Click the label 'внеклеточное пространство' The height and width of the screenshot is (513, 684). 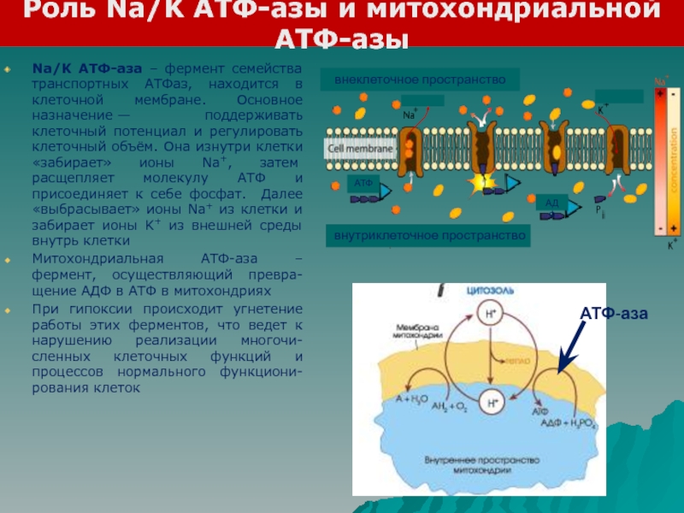tap(415, 80)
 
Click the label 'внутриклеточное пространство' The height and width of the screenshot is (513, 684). tap(427, 234)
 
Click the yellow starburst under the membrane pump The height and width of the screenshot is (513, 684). tap(480, 181)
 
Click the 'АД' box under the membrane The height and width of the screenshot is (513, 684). tap(551, 202)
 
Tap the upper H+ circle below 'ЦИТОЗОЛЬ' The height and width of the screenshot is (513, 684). tap(490, 312)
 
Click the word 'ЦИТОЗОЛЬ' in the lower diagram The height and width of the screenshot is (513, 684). tap(490, 291)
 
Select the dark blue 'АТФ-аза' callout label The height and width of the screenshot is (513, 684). tap(614, 315)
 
